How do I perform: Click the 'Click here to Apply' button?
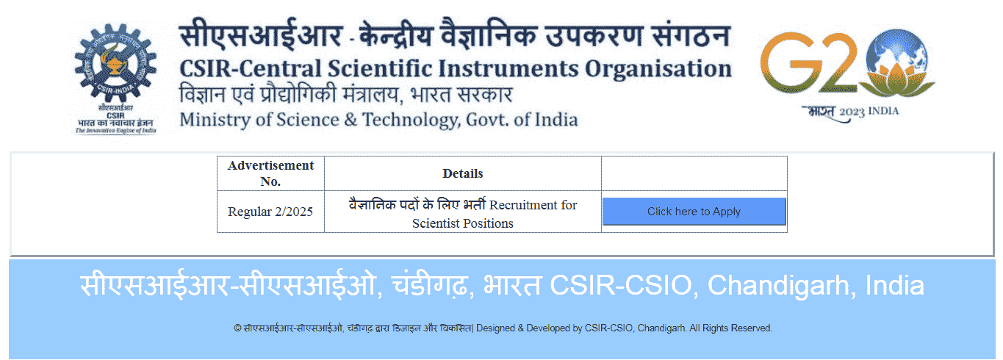click(x=694, y=212)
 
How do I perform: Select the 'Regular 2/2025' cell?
click(x=270, y=212)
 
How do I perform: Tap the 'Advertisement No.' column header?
click(x=270, y=173)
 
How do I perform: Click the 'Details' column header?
click(x=462, y=173)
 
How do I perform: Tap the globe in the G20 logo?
click(x=896, y=51)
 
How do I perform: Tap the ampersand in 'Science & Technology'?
click(x=350, y=120)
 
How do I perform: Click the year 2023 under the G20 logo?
click(x=852, y=112)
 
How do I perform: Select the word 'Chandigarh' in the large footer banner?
click(x=778, y=285)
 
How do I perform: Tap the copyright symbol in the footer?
click(x=237, y=328)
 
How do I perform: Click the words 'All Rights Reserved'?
click(x=730, y=328)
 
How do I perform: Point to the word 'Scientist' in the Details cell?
click(x=436, y=223)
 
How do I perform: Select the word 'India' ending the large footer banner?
click(x=895, y=285)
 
